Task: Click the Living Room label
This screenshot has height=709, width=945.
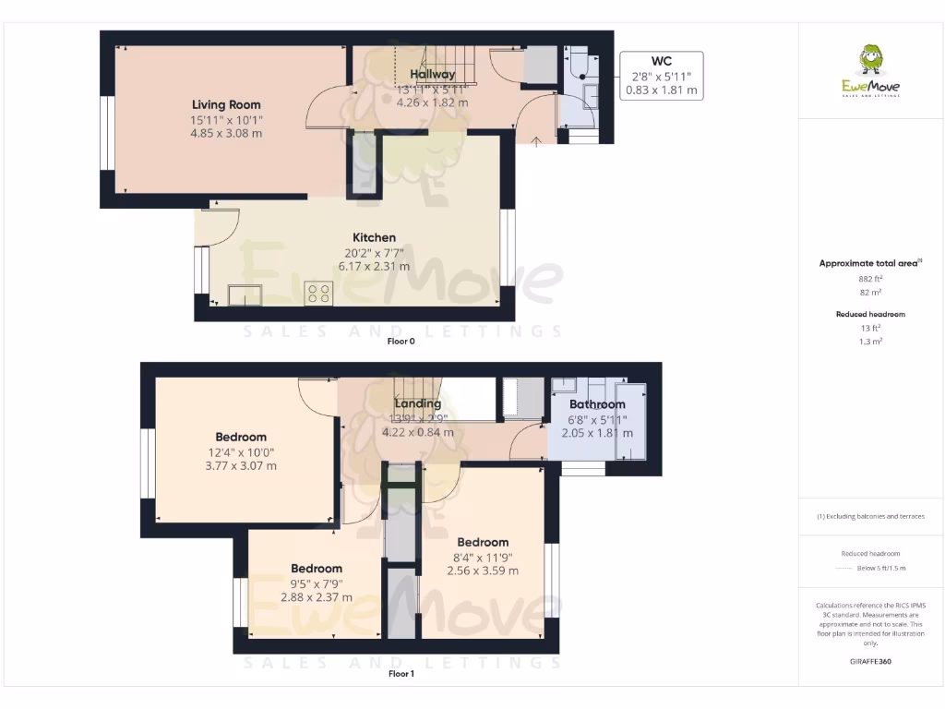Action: click(226, 104)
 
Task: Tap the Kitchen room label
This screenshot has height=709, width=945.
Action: click(374, 237)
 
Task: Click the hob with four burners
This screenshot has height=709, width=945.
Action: click(319, 294)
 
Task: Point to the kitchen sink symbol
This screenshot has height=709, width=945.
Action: click(245, 294)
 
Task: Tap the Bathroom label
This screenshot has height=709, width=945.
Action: click(596, 404)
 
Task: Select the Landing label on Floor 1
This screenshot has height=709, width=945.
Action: click(417, 403)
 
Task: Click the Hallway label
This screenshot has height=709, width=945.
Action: click(432, 75)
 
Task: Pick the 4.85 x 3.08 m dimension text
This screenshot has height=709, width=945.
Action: click(226, 133)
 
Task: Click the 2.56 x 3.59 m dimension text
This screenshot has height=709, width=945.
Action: click(482, 571)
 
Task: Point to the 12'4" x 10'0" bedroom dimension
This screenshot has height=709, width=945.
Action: click(241, 451)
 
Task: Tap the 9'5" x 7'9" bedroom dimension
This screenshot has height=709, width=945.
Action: click(317, 583)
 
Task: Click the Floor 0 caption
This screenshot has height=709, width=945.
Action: click(401, 342)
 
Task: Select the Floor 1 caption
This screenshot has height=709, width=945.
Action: click(401, 674)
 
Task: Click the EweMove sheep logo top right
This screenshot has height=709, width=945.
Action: click(870, 62)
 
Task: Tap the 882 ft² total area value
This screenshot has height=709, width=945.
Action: click(870, 278)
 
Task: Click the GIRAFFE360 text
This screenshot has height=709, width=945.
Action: click(870, 661)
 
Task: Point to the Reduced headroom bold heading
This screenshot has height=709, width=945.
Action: click(870, 314)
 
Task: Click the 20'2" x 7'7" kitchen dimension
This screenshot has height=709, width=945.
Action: click(374, 252)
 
